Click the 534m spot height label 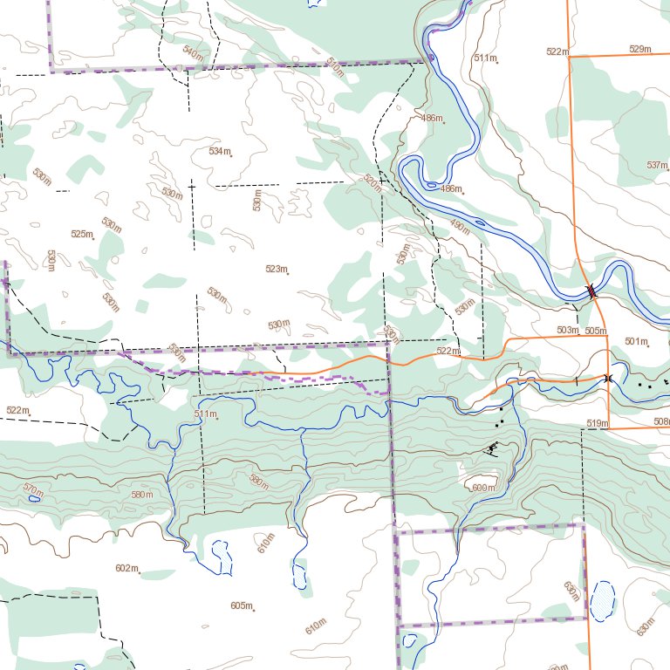(x=220, y=151)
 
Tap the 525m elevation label (x=82, y=234)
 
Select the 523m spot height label (x=276, y=269)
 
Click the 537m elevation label (x=657, y=165)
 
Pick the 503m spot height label (x=567, y=330)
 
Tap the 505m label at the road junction (x=596, y=331)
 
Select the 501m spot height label (x=636, y=341)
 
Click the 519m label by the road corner (x=597, y=423)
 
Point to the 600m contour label (x=482, y=488)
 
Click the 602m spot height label (x=126, y=568)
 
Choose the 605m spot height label (x=242, y=605)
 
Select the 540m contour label (x=193, y=53)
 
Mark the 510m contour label (x=334, y=66)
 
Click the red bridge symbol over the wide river (x=592, y=291)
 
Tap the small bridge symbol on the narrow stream (x=607, y=378)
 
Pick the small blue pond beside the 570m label (x=34, y=498)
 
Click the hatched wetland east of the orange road (x=602, y=600)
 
